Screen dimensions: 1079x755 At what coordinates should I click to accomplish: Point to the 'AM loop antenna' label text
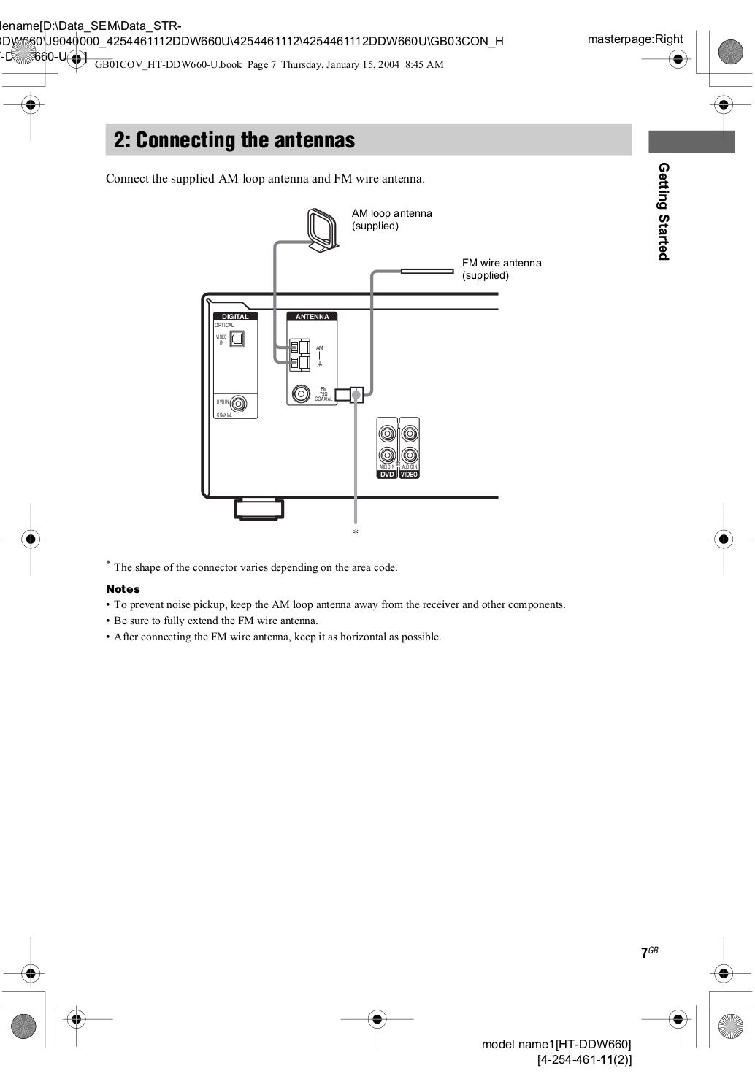pyautogui.click(x=391, y=214)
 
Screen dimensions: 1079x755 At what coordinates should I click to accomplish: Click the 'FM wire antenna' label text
pyautogui.click(x=502, y=263)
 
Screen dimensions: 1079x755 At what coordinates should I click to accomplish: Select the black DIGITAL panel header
pyautogui.click(x=235, y=316)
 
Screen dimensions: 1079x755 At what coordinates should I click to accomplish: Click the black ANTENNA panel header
pyautogui.click(x=312, y=316)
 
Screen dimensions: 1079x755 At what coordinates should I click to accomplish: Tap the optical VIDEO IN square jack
pyautogui.click(x=237, y=339)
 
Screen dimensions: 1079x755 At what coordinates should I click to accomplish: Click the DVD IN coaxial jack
pyautogui.click(x=239, y=403)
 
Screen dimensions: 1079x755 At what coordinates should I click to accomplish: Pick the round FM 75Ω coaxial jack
pyautogui.click(x=300, y=394)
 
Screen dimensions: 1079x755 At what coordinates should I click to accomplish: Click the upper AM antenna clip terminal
pyautogui.click(x=299, y=347)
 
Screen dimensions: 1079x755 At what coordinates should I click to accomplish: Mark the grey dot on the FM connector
pyautogui.click(x=356, y=395)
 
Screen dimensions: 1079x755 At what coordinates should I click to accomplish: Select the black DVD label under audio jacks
pyautogui.click(x=387, y=475)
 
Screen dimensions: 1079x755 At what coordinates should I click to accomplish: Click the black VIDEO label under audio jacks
pyautogui.click(x=410, y=475)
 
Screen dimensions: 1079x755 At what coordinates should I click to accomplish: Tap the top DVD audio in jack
pyautogui.click(x=387, y=434)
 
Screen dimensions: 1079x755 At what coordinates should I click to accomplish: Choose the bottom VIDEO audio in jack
pyautogui.click(x=410, y=456)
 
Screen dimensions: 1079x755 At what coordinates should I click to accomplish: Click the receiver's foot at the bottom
pyautogui.click(x=258, y=508)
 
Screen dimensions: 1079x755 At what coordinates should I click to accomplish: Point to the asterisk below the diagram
pyautogui.click(x=356, y=533)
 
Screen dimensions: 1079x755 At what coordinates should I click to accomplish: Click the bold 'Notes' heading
pyautogui.click(x=123, y=589)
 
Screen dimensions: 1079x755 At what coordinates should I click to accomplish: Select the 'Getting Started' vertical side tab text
pyautogui.click(x=663, y=211)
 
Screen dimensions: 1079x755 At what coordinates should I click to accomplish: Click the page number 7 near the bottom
pyautogui.click(x=644, y=953)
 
